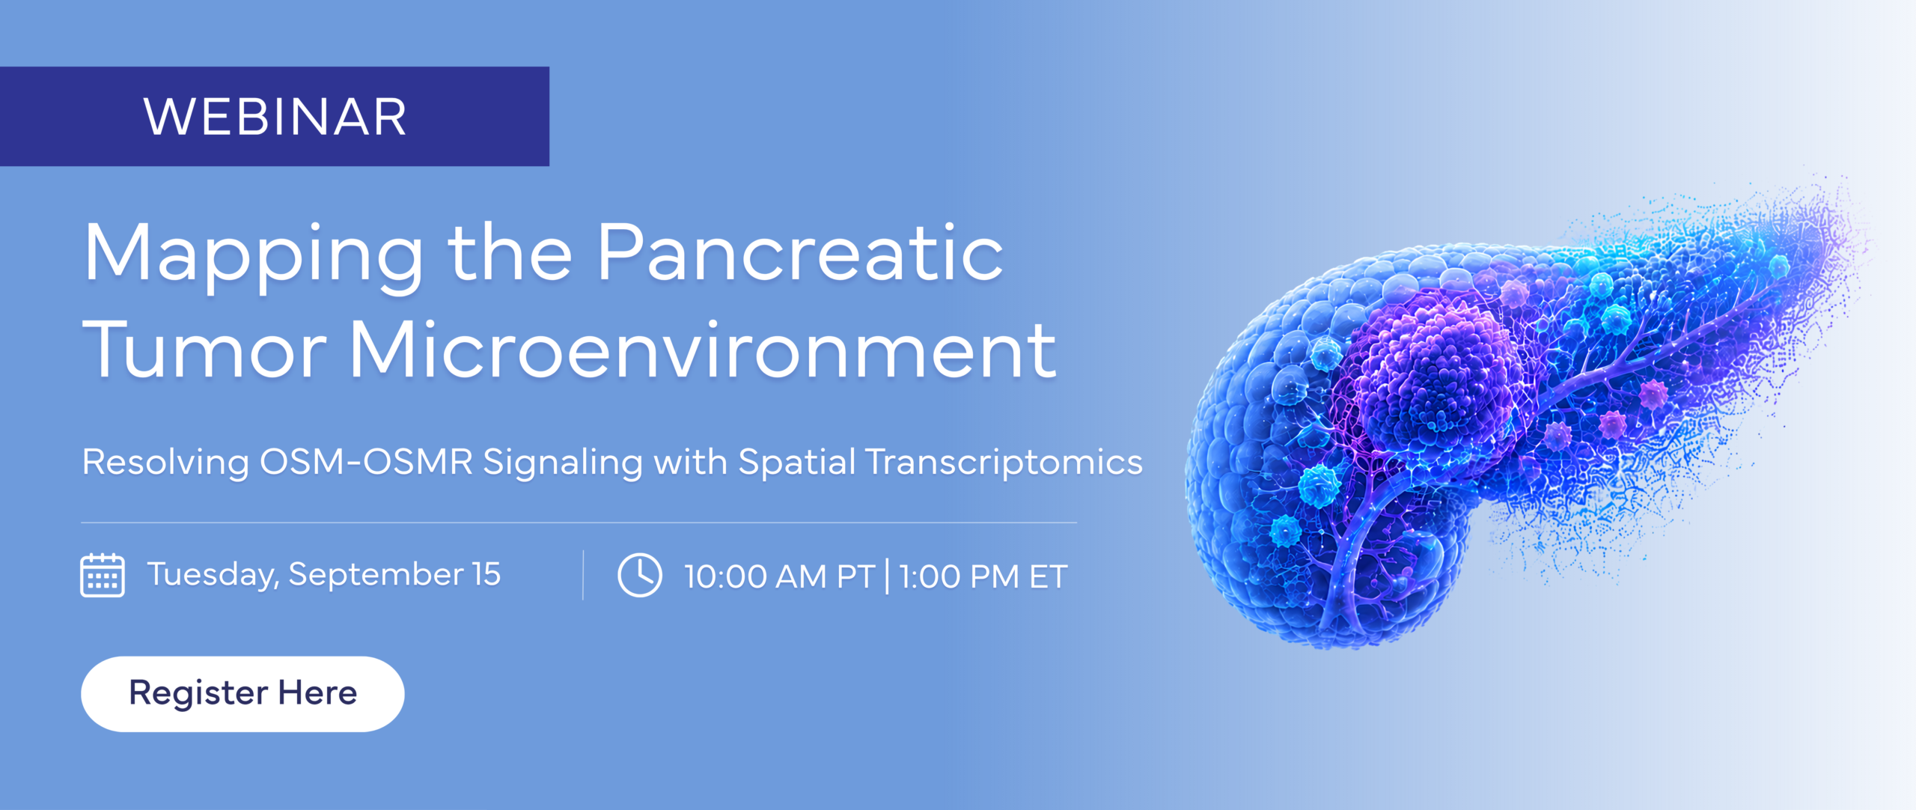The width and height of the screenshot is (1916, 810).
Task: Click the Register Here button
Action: [242, 694]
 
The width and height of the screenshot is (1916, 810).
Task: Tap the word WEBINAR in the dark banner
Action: [275, 118]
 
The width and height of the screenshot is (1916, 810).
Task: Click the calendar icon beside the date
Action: [103, 575]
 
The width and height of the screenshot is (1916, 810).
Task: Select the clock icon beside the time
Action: [640, 575]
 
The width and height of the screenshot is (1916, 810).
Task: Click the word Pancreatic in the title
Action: [800, 252]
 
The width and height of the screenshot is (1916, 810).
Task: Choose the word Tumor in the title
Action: [204, 349]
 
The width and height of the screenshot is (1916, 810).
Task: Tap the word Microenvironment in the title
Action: [703, 348]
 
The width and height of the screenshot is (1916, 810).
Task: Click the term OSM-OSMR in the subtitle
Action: [366, 461]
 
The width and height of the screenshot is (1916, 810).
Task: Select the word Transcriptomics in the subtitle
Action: [1004, 463]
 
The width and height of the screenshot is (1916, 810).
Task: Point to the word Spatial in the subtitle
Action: [796, 463]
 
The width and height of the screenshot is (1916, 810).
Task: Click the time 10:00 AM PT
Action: [779, 576]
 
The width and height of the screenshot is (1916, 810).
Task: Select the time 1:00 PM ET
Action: [983, 576]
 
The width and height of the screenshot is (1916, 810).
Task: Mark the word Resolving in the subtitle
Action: [165, 463]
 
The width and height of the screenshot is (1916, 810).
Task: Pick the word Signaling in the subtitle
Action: [563, 463]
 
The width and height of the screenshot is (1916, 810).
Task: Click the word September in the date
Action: [376, 575]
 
